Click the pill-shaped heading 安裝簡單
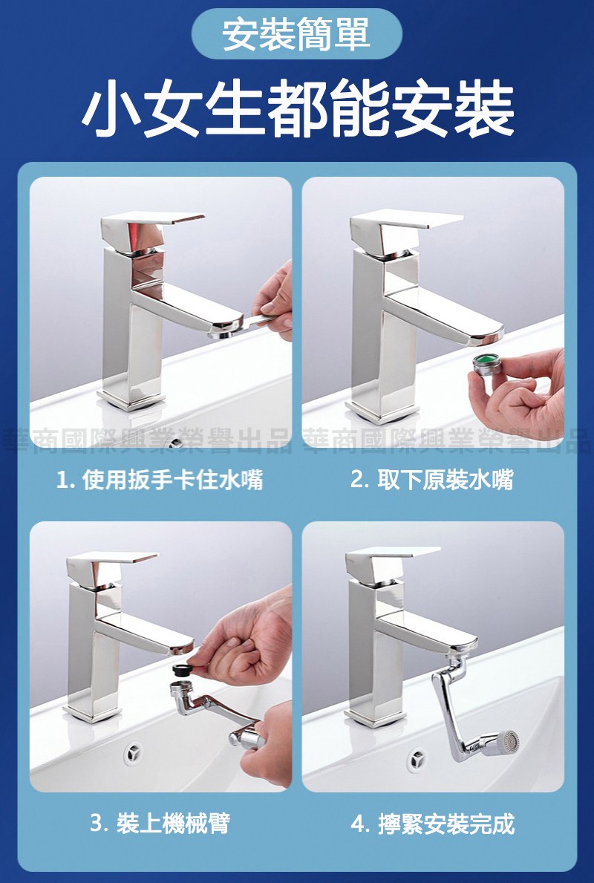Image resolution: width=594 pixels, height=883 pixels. tap(297, 33)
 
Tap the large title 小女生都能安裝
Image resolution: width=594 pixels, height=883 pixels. tap(298, 109)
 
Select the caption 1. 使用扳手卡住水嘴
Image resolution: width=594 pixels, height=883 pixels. tap(160, 480)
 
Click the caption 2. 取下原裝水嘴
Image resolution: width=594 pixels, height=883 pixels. tap(432, 480)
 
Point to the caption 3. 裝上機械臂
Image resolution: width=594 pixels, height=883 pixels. tap(160, 824)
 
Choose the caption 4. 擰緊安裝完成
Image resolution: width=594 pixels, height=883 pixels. tap(432, 824)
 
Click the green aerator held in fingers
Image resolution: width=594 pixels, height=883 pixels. tap(486, 365)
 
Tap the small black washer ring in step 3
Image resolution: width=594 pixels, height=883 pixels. tap(180, 671)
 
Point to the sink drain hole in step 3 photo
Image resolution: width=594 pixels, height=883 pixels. tap(134, 752)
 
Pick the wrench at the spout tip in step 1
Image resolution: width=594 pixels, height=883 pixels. tap(242, 325)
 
